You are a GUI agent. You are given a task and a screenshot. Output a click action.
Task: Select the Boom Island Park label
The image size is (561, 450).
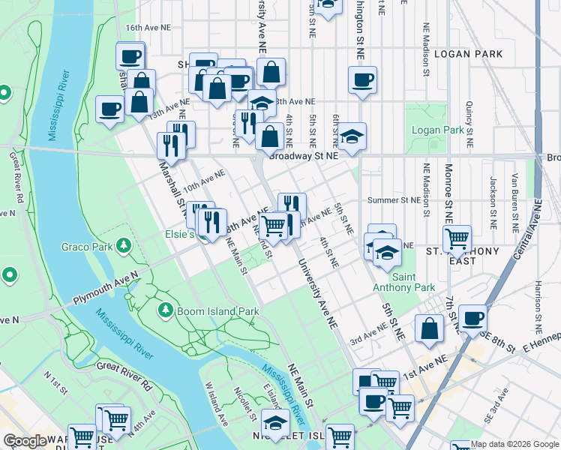[x=217, y=310]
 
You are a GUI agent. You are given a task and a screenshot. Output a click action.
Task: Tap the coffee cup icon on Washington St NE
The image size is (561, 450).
[x=363, y=80]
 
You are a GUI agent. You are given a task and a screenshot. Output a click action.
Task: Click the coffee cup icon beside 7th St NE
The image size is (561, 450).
[x=472, y=318]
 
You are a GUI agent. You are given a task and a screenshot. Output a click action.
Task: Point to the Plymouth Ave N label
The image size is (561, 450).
[x=105, y=287]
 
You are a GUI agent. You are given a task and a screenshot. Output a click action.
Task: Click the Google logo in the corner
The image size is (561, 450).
[x=25, y=441]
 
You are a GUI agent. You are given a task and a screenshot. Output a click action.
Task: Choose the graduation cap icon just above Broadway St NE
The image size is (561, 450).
[x=350, y=136]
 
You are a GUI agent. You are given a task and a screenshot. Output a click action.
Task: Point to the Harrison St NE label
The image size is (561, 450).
[x=538, y=307]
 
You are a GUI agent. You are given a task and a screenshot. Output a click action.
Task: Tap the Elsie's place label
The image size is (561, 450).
[x=181, y=233]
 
